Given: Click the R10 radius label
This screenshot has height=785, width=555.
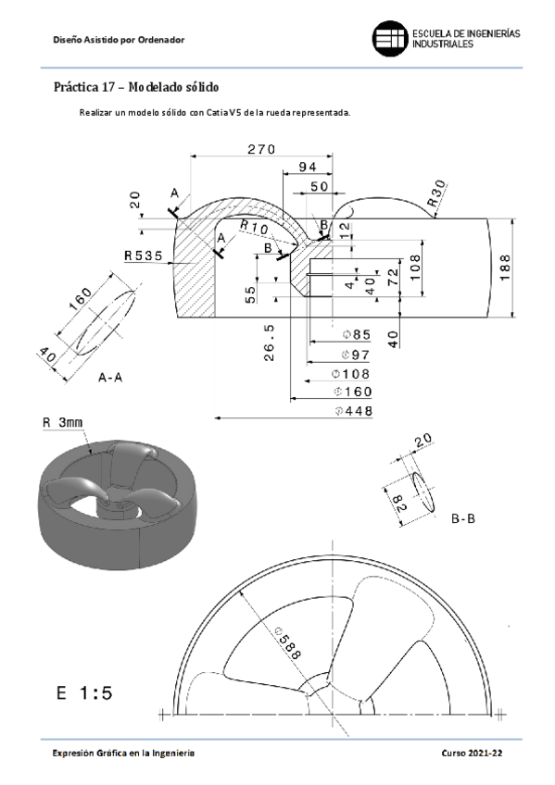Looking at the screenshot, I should pyautogui.click(x=253, y=227).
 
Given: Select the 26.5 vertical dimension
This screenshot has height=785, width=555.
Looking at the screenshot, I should pyautogui.click(x=269, y=343).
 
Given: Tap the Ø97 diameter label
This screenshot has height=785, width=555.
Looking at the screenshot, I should pyautogui.click(x=355, y=355).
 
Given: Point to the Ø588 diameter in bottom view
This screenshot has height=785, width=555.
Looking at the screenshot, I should pyautogui.click(x=287, y=641).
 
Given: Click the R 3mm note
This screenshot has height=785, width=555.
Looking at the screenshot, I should pyautogui.click(x=63, y=423).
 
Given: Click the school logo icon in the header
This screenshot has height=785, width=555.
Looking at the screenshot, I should pyautogui.click(x=389, y=38).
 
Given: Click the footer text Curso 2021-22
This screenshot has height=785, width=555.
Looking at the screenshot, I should pyautogui.click(x=472, y=754).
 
